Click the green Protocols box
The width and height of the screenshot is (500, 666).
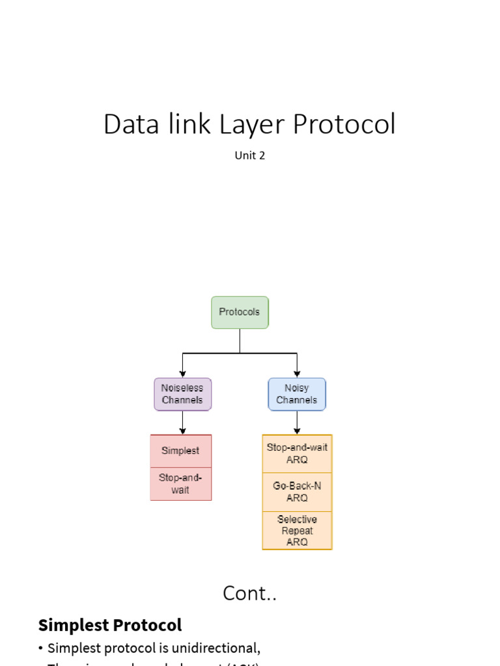(x=240, y=312)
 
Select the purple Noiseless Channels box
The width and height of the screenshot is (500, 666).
(x=182, y=394)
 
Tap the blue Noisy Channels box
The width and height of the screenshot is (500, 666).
(x=297, y=394)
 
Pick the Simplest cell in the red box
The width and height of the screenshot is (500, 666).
(x=181, y=451)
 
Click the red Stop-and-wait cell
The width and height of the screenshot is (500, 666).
(x=181, y=484)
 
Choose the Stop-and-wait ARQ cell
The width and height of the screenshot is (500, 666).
(x=297, y=453)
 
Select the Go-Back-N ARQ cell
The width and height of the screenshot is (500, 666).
(x=297, y=492)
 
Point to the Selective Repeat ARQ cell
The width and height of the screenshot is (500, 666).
(x=297, y=530)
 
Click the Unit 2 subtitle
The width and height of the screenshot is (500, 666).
(x=250, y=155)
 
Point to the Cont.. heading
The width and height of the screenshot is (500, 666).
(x=250, y=593)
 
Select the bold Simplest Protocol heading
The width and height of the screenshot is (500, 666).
(x=110, y=626)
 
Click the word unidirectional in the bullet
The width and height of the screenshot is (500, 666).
(x=218, y=648)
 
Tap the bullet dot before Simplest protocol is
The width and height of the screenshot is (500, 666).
(x=41, y=648)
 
